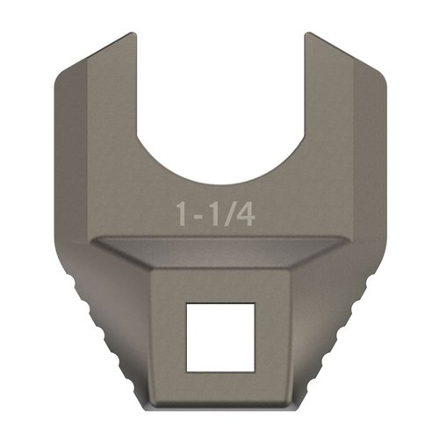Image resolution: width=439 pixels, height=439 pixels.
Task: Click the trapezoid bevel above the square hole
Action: pos(219,255)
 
